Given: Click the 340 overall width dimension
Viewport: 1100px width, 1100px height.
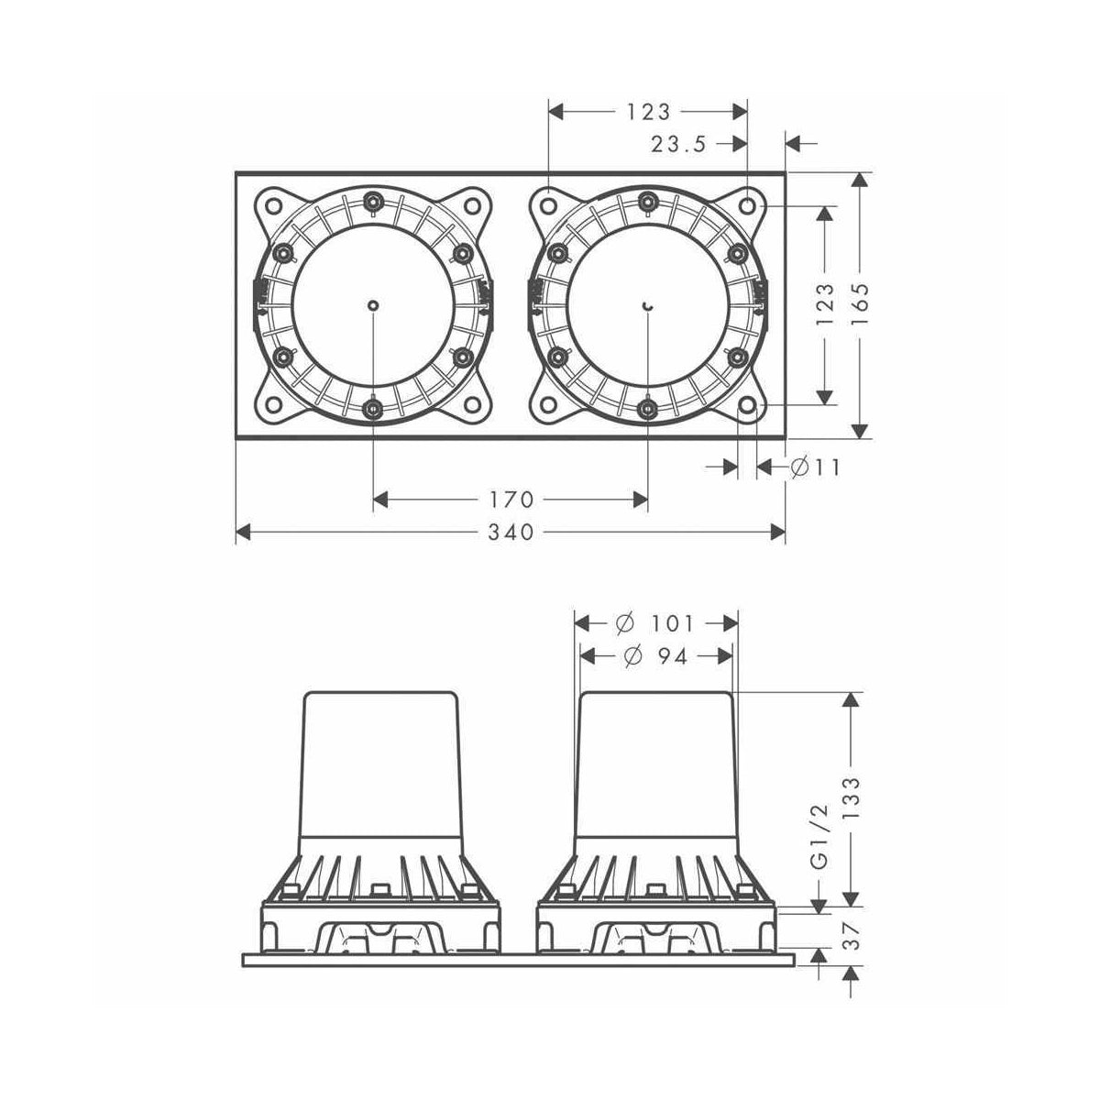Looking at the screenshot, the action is click(510, 532).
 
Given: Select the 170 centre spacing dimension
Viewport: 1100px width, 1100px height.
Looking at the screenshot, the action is click(510, 500).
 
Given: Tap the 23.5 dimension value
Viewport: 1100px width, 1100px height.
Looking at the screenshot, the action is click(680, 144).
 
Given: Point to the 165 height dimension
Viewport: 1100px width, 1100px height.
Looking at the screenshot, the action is click(860, 305).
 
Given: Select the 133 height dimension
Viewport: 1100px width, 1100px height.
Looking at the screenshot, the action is click(853, 799).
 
